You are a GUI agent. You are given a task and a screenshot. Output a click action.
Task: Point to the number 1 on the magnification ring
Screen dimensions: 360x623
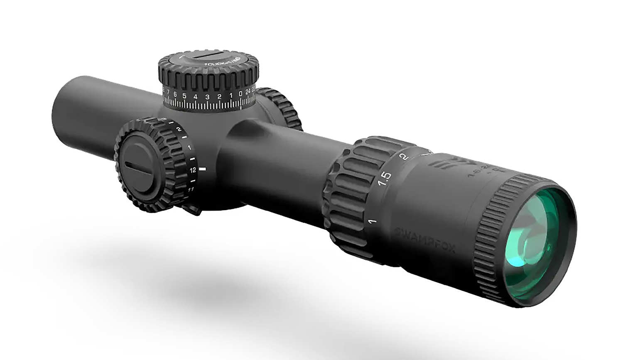[373, 221]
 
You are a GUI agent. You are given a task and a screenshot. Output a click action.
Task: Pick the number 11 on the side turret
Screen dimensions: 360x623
[191, 189]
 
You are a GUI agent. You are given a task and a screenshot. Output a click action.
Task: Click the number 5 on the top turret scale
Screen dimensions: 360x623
[184, 96]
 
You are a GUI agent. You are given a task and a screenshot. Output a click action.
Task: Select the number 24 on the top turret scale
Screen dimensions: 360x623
[248, 93]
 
